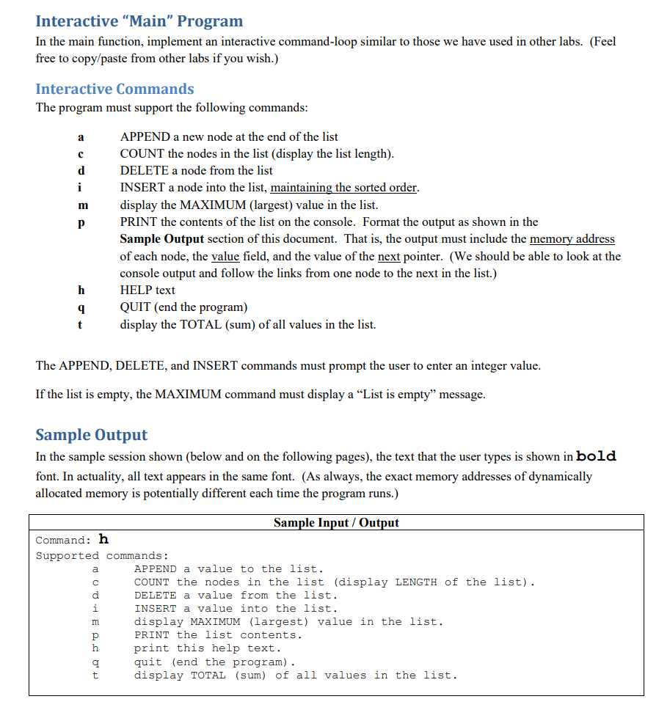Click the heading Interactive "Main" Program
[139, 21]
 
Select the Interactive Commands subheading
[114, 89]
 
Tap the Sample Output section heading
[91, 434]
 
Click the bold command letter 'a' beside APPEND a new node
[81, 137]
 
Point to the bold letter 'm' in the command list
[82, 205]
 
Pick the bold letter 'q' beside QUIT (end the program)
[81, 307]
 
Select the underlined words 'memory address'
[572, 239]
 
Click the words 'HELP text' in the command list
[148, 290]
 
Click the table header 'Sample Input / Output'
[336, 523]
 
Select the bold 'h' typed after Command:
[103, 540]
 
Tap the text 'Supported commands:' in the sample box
[102, 555]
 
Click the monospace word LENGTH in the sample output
[416, 582]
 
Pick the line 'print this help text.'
[207, 648]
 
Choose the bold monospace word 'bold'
[597, 456]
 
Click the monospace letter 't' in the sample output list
[95, 675]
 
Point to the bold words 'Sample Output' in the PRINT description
[162, 239]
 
